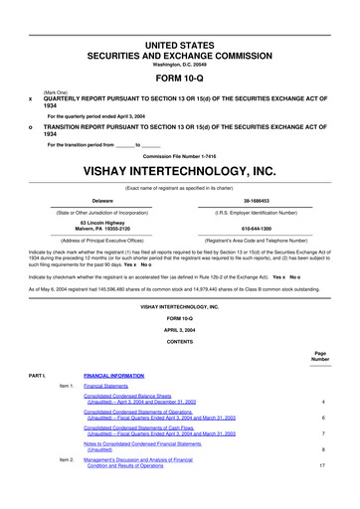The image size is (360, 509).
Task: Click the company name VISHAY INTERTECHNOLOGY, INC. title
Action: coord(180,170)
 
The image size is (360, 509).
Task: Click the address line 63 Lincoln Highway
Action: coord(97,222)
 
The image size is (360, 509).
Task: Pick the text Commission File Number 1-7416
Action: coord(180,156)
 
